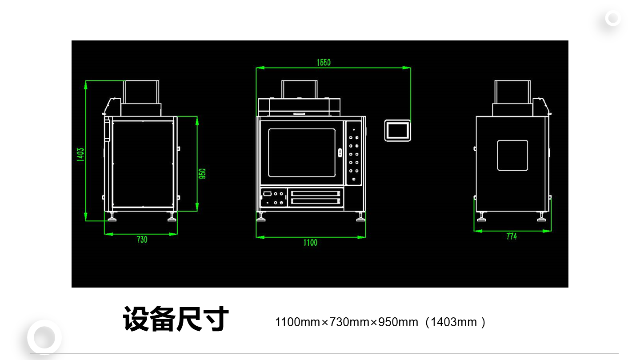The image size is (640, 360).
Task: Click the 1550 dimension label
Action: [324, 62]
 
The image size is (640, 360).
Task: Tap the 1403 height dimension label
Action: [80, 155]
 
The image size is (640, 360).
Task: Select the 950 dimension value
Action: [202, 174]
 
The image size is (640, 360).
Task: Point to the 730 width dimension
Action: [142, 240]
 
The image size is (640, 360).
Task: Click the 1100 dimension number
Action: [310, 243]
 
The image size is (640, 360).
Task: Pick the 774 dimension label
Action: [512, 236]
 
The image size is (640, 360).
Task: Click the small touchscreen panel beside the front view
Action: [398, 131]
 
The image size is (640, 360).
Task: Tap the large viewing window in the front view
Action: [302, 152]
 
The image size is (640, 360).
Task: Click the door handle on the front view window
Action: [340, 152]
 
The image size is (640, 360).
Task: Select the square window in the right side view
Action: [512, 156]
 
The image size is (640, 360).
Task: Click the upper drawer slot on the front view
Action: [316, 194]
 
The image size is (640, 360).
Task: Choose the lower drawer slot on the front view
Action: [316, 201]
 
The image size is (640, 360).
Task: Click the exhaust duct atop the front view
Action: [300, 89]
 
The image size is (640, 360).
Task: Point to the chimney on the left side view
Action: [141, 92]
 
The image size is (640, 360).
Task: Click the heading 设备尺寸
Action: [176, 319]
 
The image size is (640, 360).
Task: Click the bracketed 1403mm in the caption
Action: [456, 322]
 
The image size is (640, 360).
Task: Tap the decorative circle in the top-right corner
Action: [613, 19]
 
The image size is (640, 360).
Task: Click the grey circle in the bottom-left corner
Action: [44, 337]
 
